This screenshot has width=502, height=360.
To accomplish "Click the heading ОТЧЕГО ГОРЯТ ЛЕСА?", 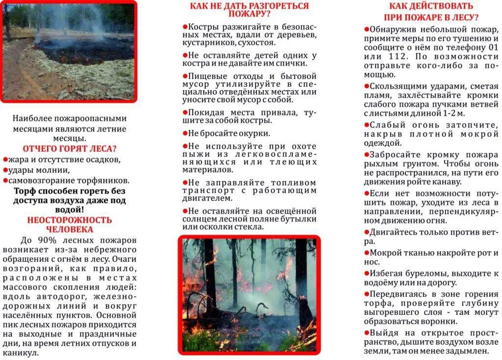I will (70, 149).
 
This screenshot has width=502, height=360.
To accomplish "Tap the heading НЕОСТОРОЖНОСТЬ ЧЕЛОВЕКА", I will (70, 225).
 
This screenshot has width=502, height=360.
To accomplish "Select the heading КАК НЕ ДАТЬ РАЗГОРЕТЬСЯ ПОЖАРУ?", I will (250, 10).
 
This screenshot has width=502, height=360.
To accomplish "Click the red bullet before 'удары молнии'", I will (5, 170).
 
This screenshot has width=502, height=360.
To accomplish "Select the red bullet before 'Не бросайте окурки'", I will (185, 132).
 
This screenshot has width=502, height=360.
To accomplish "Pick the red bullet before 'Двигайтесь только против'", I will (367, 231).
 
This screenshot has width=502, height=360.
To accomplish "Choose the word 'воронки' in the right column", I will (438, 322).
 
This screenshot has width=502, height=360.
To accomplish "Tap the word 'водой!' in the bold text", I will (70, 209).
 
